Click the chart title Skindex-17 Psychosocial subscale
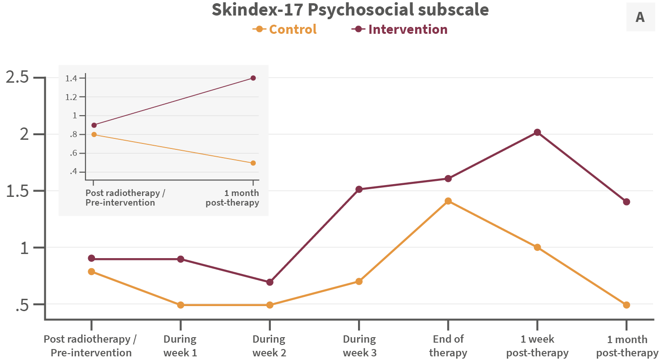point(350,10)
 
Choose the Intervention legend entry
point(400,29)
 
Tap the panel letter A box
point(640,17)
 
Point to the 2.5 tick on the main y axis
point(17,77)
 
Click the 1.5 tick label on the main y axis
point(17,191)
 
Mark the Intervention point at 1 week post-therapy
point(537,132)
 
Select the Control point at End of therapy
point(448,201)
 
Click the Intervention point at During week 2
point(269,282)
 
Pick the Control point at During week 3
point(359,281)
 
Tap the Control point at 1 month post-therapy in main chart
point(626,305)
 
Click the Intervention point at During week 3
point(359,189)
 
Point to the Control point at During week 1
point(180,305)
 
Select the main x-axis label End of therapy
point(448,346)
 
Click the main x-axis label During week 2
point(269,346)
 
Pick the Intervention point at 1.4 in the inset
point(253,78)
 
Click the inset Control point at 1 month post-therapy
point(253,163)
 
